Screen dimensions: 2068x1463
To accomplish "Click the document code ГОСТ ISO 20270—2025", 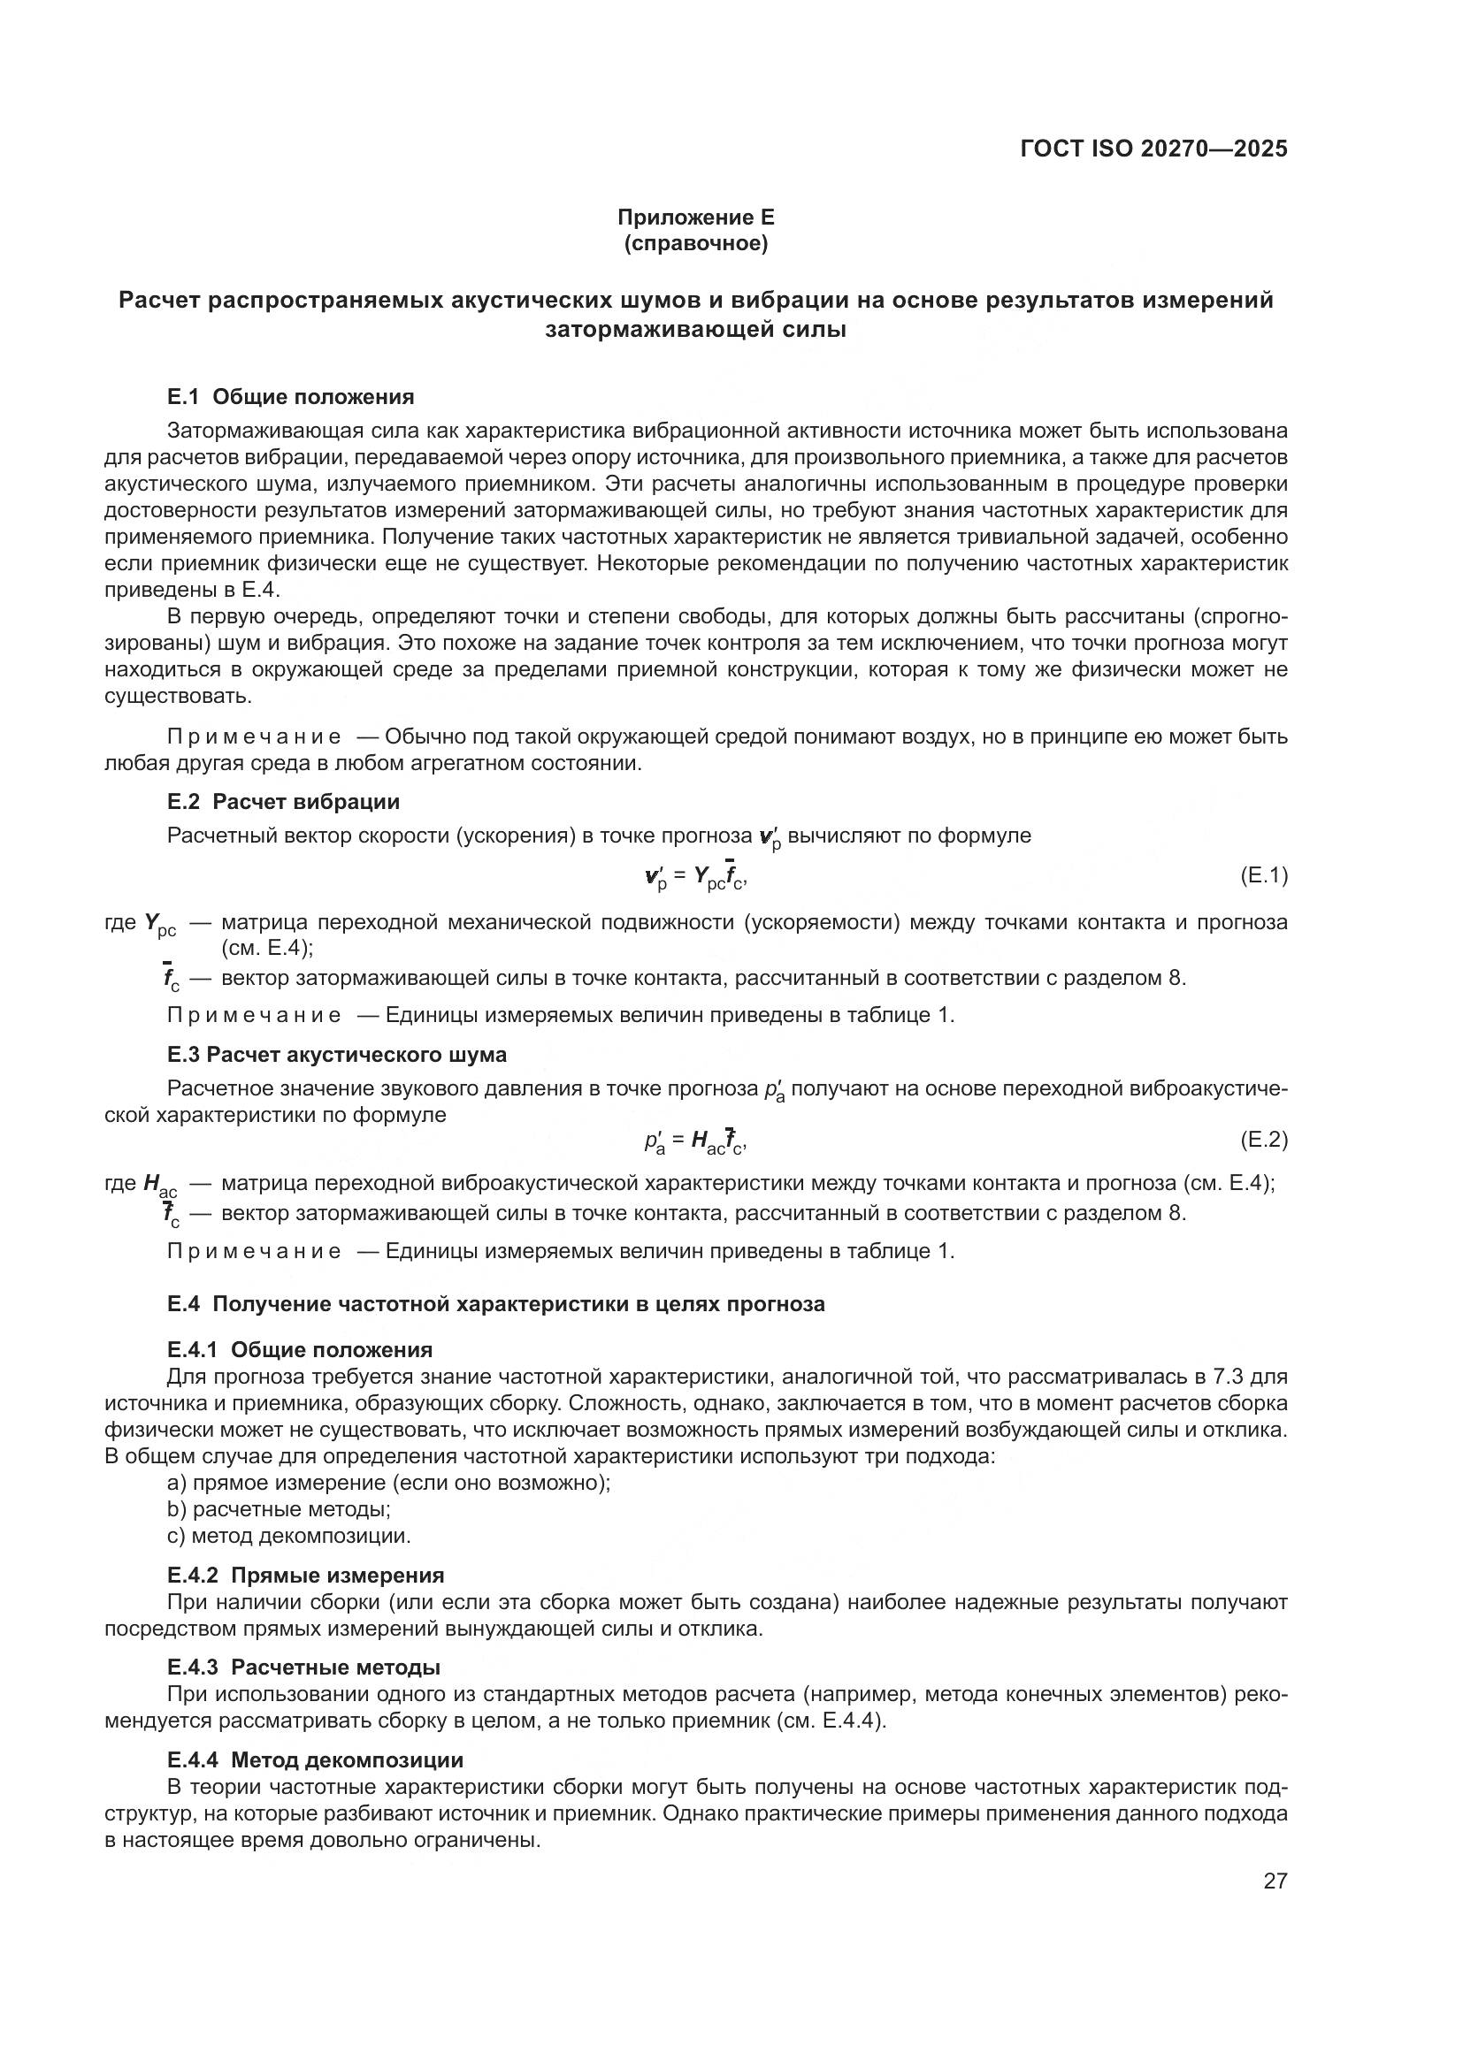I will (1154, 149).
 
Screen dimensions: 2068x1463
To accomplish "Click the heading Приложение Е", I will (695, 217).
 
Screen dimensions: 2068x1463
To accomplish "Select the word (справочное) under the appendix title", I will (695, 244).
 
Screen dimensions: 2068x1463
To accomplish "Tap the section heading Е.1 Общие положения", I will (290, 397).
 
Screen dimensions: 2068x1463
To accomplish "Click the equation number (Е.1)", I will (1264, 874).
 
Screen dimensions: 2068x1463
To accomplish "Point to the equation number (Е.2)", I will (1264, 1140).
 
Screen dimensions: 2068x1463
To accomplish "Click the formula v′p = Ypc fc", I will (695, 877).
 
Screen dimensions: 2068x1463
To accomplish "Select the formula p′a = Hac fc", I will (695, 1142).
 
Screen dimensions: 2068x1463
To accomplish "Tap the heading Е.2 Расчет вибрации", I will (283, 802).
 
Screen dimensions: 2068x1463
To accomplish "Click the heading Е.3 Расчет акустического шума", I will (336, 1055).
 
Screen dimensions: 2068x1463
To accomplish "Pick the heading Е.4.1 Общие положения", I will (299, 1349).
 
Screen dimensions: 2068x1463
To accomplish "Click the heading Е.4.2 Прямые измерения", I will (305, 1576).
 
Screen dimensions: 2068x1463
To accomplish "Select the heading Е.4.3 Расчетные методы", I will (303, 1667).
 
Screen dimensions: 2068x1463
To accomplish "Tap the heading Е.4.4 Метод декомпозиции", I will (314, 1759).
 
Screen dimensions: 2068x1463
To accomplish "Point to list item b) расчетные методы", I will (279, 1508).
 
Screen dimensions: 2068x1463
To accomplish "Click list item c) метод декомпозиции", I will (288, 1536).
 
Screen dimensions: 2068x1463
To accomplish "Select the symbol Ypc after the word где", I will (160, 924).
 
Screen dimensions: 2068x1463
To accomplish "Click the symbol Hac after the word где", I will (160, 1186).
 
